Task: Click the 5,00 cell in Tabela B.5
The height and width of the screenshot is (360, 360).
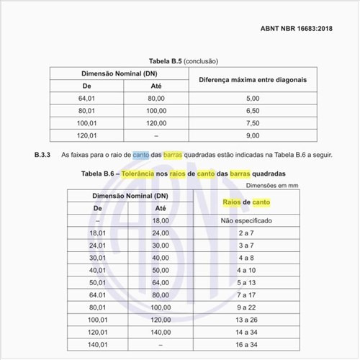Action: tap(252, 97)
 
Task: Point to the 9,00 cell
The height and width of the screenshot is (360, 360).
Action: tap(252, 135)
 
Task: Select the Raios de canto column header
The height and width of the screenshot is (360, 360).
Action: tap(247, 202)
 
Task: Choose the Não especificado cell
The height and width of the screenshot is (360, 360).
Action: tap(247, 220)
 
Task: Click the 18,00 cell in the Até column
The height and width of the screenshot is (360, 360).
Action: tap(161, 220)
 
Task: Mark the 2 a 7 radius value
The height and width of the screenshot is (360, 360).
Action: tap(247, 233)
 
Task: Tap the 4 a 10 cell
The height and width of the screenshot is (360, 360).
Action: tap(247, 271)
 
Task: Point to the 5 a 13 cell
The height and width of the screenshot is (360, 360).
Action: tap(247, 283)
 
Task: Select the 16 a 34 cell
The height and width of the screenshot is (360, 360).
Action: tap(247, 346)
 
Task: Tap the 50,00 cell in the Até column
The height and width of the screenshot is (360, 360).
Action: tap(161, 271)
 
